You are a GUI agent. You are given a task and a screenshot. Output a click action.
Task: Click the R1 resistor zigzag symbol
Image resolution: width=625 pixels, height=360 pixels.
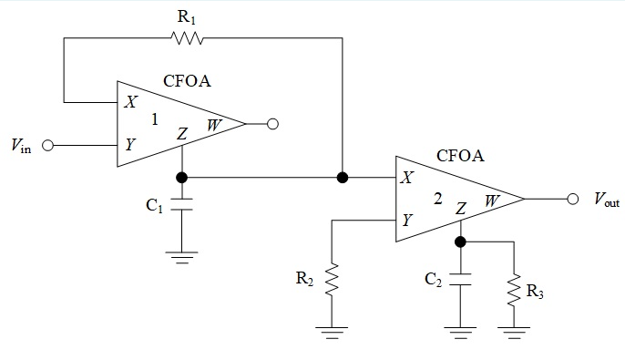[x=186, y=38]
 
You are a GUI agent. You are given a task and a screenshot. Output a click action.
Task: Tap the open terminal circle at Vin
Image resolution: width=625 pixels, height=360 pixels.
[x=48, y=145]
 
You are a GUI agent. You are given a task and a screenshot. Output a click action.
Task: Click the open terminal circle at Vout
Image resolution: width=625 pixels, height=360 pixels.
[x=572, y=199]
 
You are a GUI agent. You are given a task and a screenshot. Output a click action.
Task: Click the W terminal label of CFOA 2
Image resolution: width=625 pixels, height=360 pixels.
[x=491, y=199]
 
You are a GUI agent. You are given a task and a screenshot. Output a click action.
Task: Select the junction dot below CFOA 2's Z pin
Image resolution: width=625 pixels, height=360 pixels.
[x=460, y=242]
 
